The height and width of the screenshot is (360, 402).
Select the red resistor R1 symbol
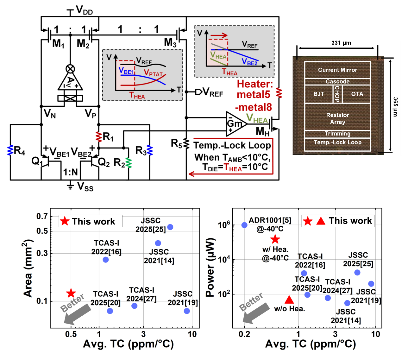click(x=99, y=136)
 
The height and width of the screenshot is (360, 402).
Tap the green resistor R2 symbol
click(x=128, y=163)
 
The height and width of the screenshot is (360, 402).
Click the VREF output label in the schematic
click(x=212, y=92)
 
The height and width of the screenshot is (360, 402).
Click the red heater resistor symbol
click(x=279, y=93)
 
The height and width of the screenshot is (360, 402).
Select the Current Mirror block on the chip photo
click(x=337, y=70)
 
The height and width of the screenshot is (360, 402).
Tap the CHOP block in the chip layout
click(x=337, y=94)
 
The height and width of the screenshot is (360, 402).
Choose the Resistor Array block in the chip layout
click(x=337, y=118)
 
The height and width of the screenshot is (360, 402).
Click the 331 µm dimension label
click(x=341, y=43)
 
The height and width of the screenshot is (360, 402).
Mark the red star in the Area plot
click(x=71, y=293)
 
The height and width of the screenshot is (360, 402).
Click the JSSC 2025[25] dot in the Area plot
click(x=170, y=227)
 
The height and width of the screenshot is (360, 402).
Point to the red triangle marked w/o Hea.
click(x=289, y=300)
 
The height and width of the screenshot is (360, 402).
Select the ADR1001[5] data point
click(x=244, y=225)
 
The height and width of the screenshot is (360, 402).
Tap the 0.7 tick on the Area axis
click(x=42, y=217)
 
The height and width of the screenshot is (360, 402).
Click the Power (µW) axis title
click(x=210, y=268)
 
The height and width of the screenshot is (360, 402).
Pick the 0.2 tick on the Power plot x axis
click(x=244, y=334)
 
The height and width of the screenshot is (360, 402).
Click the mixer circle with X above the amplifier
click(x=70, y=68)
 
